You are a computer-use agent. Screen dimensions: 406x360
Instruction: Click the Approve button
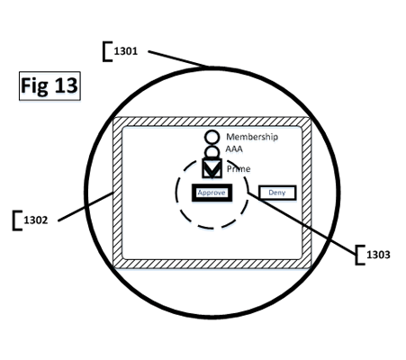tap(212, 193)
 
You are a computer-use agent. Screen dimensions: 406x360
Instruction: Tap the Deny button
tap(277, 193)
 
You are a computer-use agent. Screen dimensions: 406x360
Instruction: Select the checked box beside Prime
tap(212, 168)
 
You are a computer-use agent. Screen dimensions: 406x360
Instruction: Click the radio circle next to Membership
tap(212, 138)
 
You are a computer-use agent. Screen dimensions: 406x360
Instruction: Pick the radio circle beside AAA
tap(212, 152)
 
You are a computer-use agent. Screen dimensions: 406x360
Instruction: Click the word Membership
tap(252, 137)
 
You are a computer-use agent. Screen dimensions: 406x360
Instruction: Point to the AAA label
tap(234, 149)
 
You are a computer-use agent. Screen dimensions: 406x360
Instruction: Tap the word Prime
tap(239, 169)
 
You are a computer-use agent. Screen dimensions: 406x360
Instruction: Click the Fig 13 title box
tap(50, 85)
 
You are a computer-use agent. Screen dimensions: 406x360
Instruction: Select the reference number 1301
tap(126, 51)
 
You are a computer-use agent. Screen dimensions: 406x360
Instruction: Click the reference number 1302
tap(36, 220)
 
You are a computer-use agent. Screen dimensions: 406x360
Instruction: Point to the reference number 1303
tap(378, 255)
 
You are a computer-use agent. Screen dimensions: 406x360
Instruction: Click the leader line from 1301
tap(178, 58)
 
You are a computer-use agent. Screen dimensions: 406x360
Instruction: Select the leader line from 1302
tap(86, 207)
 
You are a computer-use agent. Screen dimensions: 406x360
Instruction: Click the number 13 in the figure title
tap(66, 85)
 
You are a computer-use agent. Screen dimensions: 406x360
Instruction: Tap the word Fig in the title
tap(34, 86)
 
